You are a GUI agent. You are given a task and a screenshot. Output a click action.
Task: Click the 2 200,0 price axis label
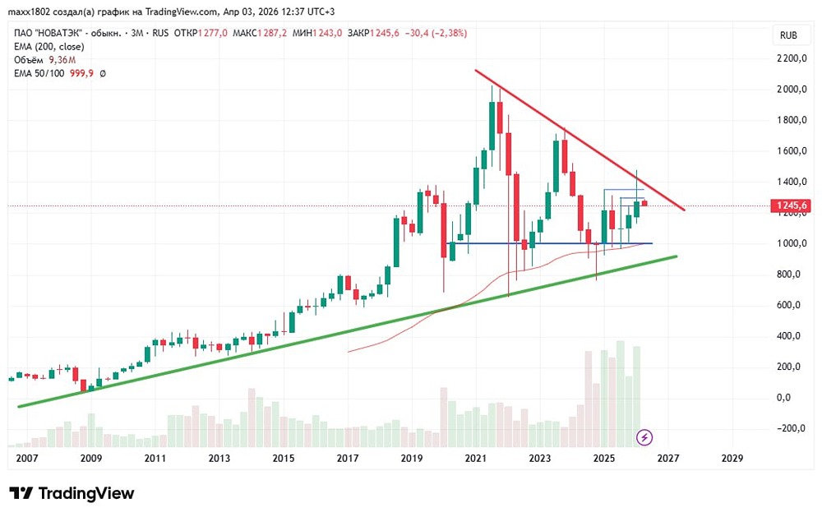pos(792,58)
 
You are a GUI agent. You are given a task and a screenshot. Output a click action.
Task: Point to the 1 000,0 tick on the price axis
pos(792,243)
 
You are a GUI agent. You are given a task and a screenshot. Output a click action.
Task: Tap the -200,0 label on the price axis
pos(792,428)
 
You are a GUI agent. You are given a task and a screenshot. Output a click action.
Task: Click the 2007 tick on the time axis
pos(27,458)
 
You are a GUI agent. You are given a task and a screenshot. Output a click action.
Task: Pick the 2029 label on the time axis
pos(732,458)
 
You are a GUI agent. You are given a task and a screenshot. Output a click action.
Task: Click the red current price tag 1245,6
pos(791,206)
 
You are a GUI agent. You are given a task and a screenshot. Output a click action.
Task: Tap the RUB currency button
pos(789,35)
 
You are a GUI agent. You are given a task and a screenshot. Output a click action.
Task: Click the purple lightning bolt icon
pos(645,436)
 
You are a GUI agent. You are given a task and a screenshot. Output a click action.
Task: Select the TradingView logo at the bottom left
pos(72,493)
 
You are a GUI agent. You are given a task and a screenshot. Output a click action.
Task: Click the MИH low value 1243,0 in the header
pos(326,33)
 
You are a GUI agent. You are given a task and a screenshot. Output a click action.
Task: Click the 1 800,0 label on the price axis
pos(792,120)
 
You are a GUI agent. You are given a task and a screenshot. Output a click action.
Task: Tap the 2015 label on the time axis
pos(284,458)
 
